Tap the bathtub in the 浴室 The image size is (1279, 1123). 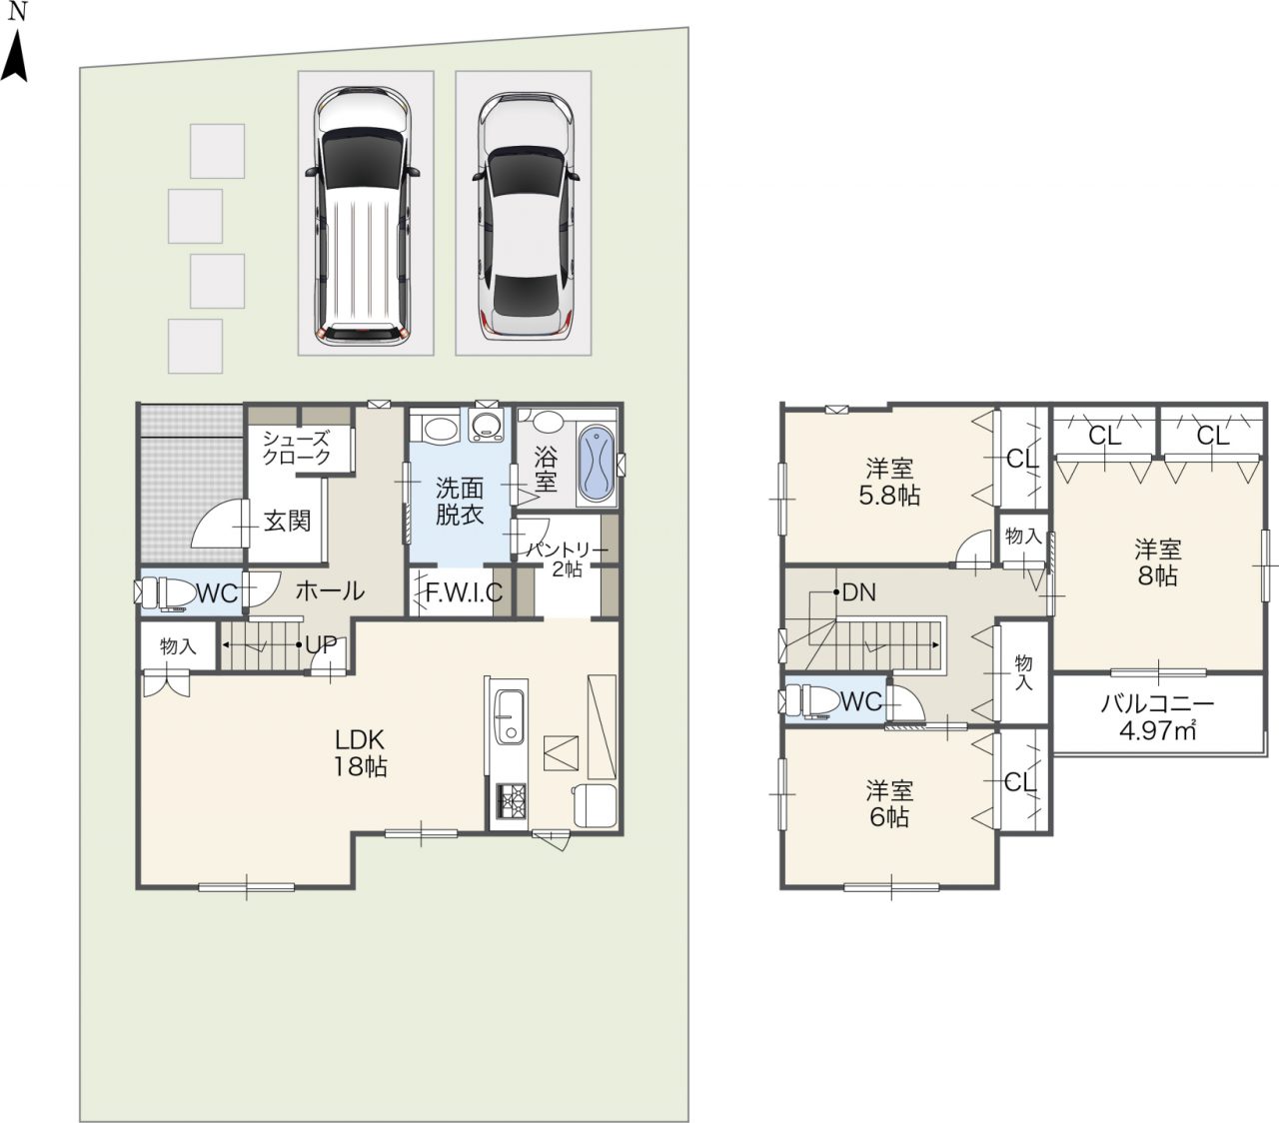596,464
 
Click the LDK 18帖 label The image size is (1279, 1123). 360,753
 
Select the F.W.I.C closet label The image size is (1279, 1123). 464,592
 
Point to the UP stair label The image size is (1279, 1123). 321,644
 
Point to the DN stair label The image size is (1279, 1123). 859,592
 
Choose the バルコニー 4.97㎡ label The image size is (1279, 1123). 1158,717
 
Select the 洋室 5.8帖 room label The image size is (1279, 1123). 889,483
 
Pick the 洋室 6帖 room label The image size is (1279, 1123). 889,804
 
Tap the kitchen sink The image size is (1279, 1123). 509,716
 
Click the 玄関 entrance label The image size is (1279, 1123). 287,521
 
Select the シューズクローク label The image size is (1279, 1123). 296,448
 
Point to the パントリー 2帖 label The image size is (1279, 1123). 568,559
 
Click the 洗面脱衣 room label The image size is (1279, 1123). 460,502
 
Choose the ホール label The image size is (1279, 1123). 330,590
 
